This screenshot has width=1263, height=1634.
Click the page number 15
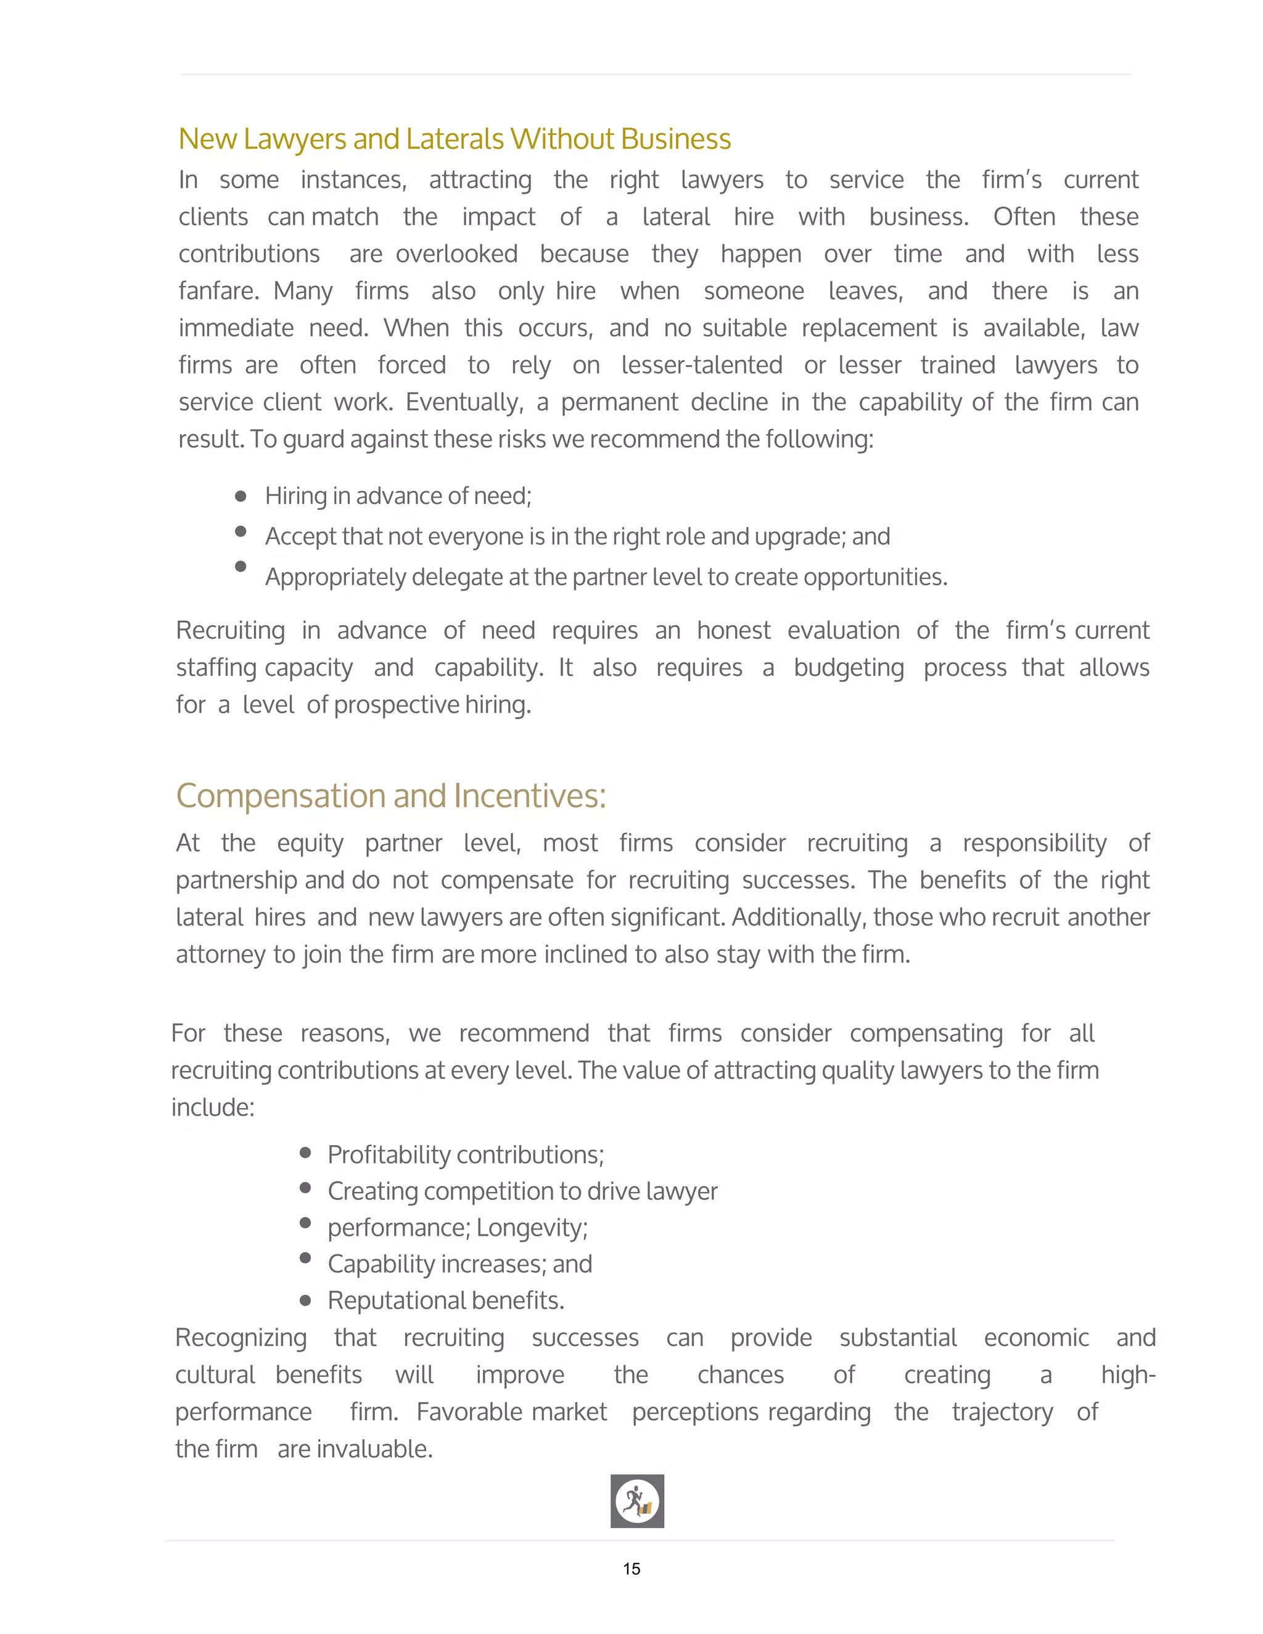pyautogui.click(x=631, y=1568)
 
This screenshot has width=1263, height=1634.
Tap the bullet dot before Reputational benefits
pyautogui.click(x=305, y=1300)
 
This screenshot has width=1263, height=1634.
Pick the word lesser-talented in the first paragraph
pyautogui.click(x=702, y=365)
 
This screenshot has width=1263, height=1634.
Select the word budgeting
pyautogui.click(x=849, y=667)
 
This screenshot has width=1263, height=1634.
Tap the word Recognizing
pyautogui.click(x=241, y=1338)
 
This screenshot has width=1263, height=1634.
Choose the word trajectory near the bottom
pyautogui.click(x=1002, y=1413)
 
